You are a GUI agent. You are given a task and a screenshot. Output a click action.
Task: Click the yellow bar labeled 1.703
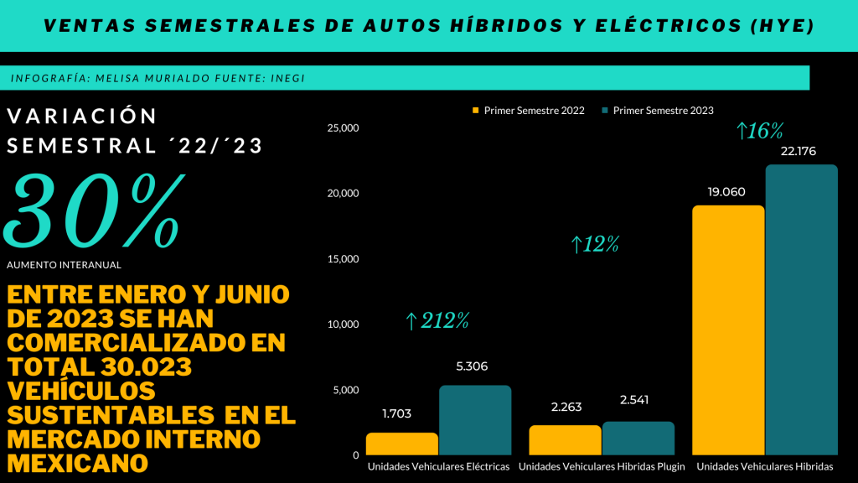[x=402, y=444]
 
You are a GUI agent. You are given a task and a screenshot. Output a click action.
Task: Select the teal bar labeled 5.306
[x=475, y=420]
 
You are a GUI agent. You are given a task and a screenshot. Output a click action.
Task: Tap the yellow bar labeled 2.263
[x=565, y=440]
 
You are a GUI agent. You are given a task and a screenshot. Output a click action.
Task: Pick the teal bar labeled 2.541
[x=638, y=439]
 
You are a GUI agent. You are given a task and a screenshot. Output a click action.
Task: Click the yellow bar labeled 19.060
[x=727, y=330]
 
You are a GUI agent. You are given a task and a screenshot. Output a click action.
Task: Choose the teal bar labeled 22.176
[x=801, y=310]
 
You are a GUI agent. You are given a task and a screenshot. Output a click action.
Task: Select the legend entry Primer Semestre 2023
[x=663, y=111]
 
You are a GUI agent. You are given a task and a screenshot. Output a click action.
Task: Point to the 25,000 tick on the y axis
[x=344, y=128]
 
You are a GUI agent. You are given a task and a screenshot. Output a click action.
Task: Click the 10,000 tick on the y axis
[x=344, y=325]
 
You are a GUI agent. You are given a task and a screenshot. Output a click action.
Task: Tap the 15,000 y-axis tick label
[x=344, y=259]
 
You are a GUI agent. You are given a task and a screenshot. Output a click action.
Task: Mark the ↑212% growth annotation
[x=437, y=320]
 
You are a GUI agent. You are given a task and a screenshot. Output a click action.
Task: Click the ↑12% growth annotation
[x=595, y=245]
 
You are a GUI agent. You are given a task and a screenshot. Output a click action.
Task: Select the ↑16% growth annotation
[x=759, y=131]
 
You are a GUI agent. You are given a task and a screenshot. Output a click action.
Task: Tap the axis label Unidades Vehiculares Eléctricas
[x=438, y=466]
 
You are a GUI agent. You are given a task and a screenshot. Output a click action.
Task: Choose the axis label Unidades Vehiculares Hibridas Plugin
[x=602, y=466]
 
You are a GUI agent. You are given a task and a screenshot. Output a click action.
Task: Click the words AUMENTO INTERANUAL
[x=64, y=265]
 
